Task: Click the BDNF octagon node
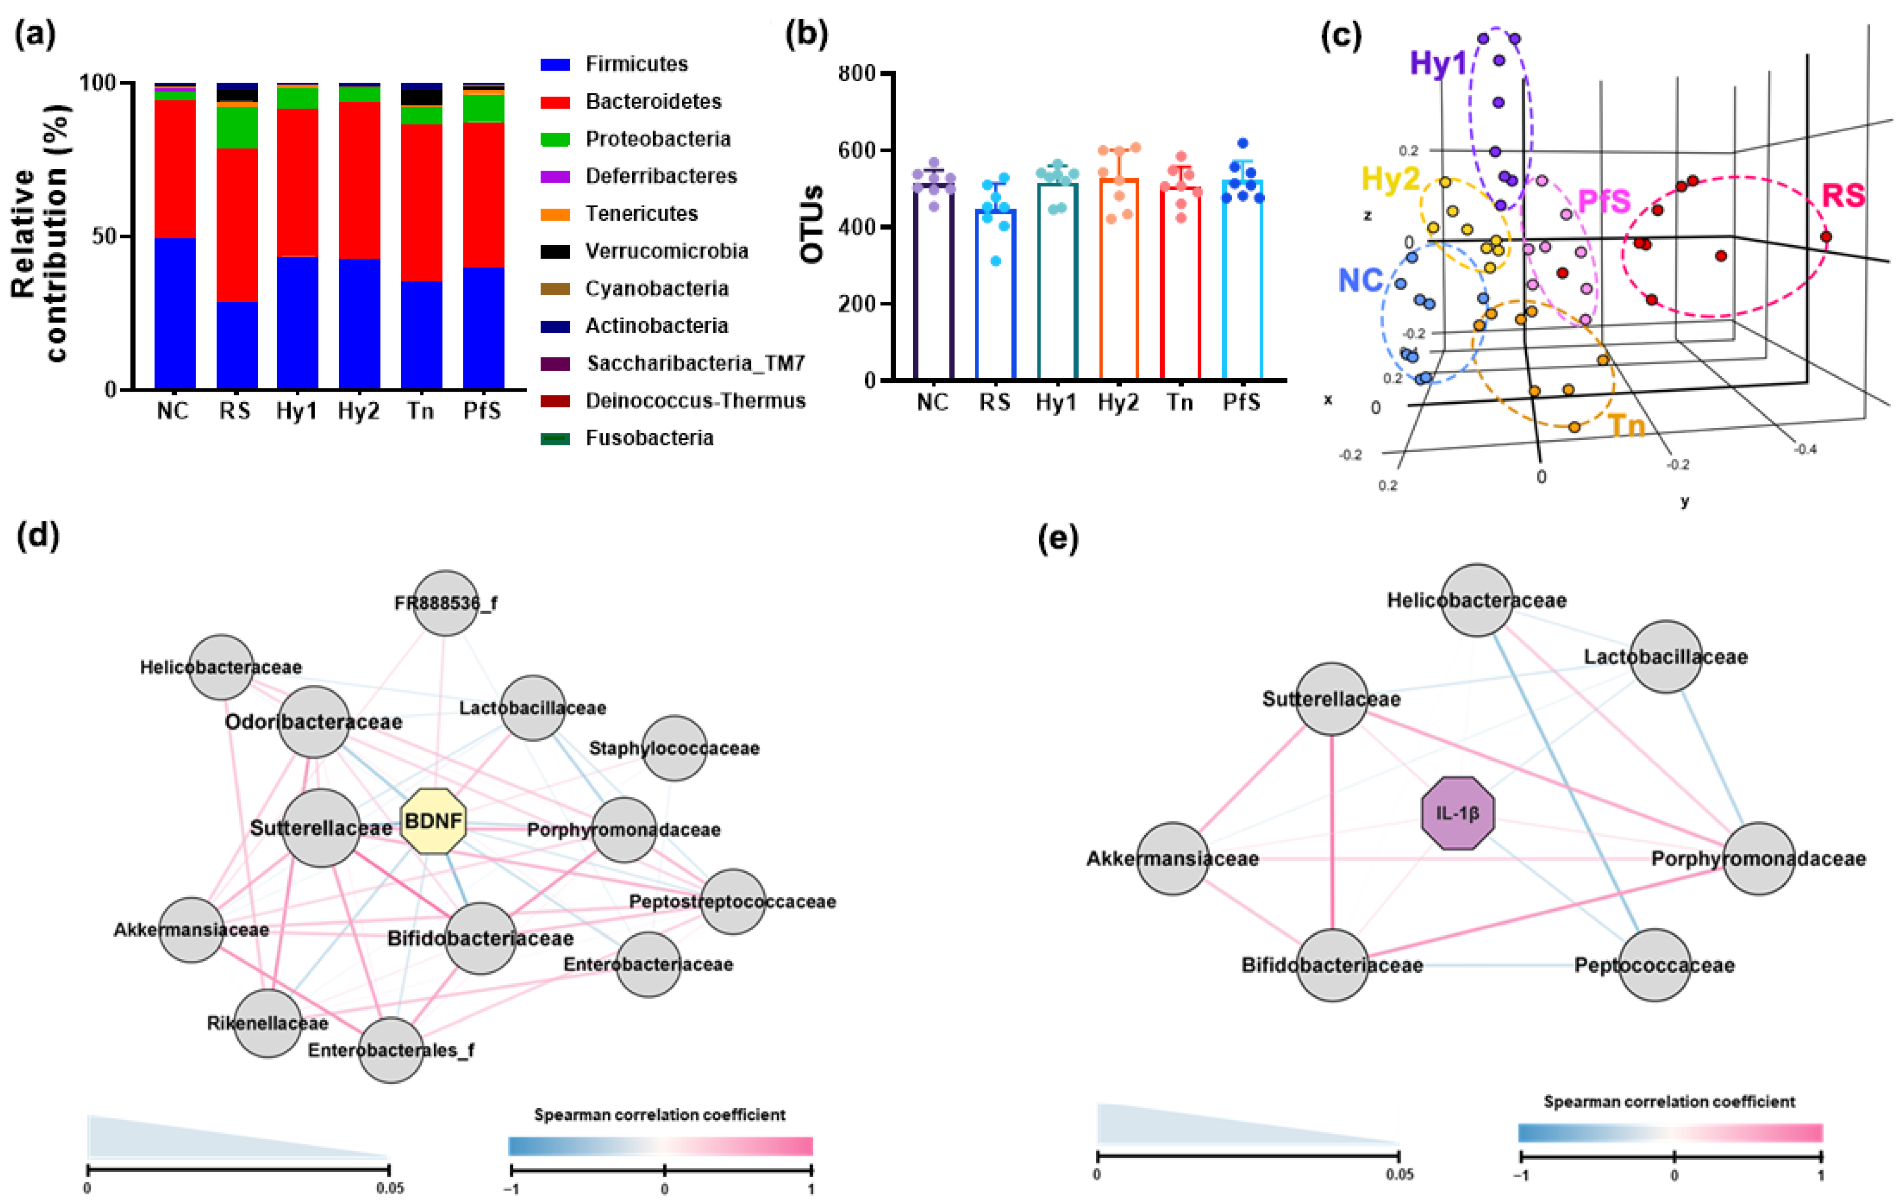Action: tap(433, 821)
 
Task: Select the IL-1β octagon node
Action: tap(1458, 813)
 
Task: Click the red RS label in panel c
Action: tap(1842, 196)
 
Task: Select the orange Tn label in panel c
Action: tap(1627, 426)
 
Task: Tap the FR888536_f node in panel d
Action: tap(446, 603)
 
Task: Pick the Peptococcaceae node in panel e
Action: tap(1654, 965)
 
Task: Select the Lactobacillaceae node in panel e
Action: tap(1666, 657)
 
